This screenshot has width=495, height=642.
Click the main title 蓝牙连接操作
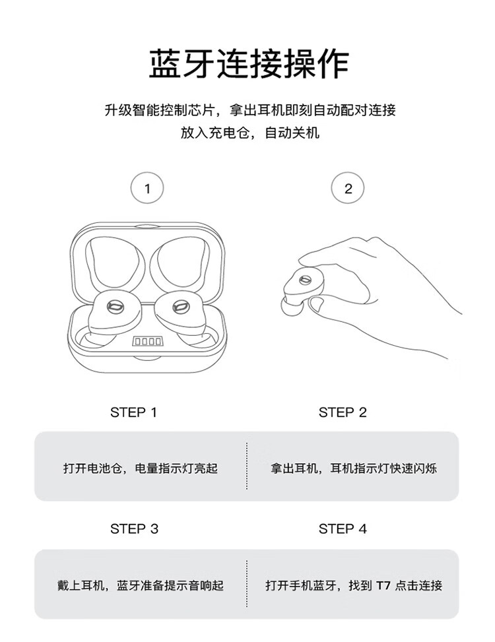[249, 63]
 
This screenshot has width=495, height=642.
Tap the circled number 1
[147, 188]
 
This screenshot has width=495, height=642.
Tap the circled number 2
[348, 188]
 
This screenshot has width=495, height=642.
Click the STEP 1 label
[134, 412]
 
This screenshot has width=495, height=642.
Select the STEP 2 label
[343, 412]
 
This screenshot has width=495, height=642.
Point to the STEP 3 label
[134, 529]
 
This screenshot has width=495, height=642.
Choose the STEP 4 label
[343, 529]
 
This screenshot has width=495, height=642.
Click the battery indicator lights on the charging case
[147, 341]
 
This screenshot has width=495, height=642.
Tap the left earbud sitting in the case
[114, 313]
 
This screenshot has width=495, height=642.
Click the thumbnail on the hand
[315, 304]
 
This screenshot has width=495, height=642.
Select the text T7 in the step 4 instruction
[383, 585]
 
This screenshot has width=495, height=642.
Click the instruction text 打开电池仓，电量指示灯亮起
[140, 468]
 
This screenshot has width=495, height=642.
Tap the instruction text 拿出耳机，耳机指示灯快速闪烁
[353, 468]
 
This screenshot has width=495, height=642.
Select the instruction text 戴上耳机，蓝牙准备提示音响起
[140, 585]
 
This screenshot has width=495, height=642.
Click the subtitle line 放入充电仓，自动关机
[249, 133]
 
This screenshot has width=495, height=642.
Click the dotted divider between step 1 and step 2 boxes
[247, 466]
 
